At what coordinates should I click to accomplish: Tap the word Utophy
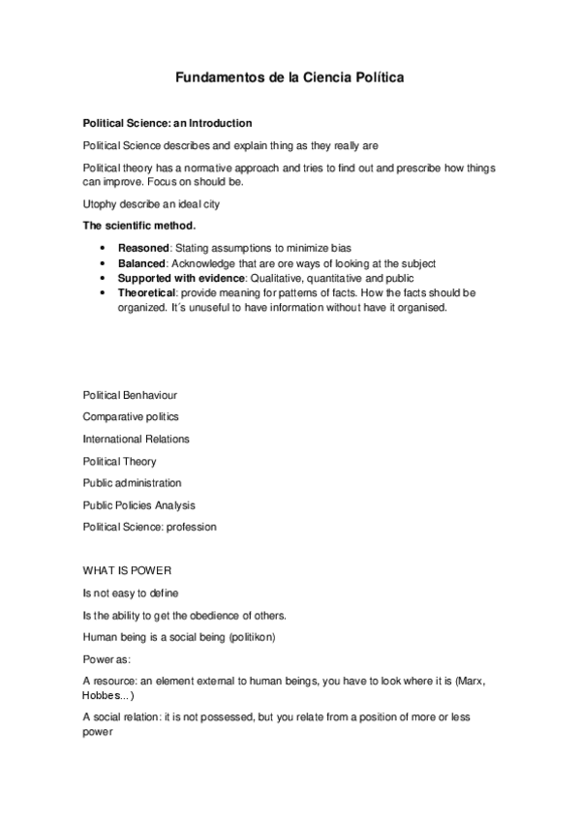tap(101, 203)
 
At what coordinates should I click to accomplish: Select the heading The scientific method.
tap(133, 225)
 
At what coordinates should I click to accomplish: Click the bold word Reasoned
tap(142, 248)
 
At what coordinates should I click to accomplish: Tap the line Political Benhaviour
tap(130, 395)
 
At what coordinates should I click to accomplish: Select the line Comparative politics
tap(131, 417)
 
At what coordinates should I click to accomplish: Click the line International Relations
tap(136, 439)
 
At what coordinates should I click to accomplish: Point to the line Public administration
tap(132, 483)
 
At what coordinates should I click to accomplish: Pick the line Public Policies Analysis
tap(138, 504)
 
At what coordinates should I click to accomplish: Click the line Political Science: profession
tap(149, 527)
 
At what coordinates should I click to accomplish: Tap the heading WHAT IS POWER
tap(127, 570)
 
